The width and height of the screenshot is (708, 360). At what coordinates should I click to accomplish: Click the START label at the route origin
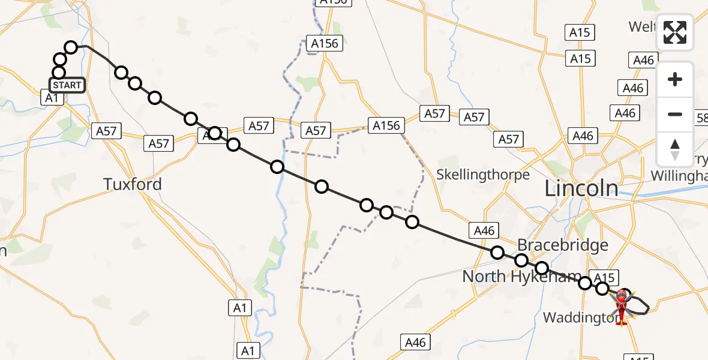[67, 85]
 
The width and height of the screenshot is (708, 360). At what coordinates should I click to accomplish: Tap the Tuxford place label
[133, 184]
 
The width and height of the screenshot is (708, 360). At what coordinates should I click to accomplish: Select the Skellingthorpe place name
[483, 175]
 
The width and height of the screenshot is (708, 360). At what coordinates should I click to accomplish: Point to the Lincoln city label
[581, 189]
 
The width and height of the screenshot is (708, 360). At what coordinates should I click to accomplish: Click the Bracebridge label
[563, 245]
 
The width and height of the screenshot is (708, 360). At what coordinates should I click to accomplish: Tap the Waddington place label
[580, 317]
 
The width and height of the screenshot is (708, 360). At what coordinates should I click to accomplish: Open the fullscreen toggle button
[675, 32]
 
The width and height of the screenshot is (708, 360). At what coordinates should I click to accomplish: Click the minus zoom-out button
[675, 114]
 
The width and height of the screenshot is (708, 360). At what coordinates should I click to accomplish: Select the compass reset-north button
[675, 149]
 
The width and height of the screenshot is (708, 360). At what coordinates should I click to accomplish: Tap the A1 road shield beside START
[52, 97]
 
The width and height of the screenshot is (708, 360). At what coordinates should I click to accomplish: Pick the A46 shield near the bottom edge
[415, 342]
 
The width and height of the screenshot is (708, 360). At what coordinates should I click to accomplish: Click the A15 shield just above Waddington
[604, 277]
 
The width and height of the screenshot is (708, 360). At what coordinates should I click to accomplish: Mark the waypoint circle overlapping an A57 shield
[214, 133]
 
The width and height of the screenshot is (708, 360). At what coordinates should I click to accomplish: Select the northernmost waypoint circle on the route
[71, 47]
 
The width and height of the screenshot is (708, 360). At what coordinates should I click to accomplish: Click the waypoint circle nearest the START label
[59, 73]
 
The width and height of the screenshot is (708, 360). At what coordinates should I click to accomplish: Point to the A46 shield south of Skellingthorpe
[484, 230]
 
